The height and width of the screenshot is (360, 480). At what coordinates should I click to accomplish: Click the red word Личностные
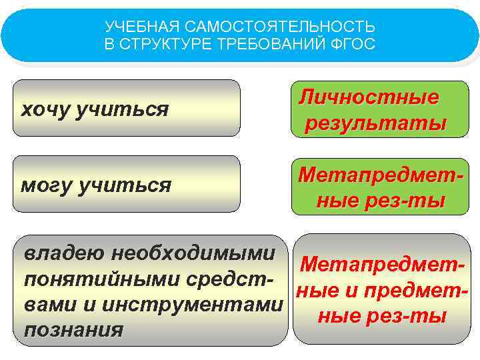click(x=369, y=97)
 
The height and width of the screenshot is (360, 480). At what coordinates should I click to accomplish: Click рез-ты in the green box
click(x=412, y=200)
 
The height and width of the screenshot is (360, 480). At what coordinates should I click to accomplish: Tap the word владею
click(x=64, y=254)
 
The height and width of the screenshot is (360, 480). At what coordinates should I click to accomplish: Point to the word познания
click(x=73, y=330)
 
